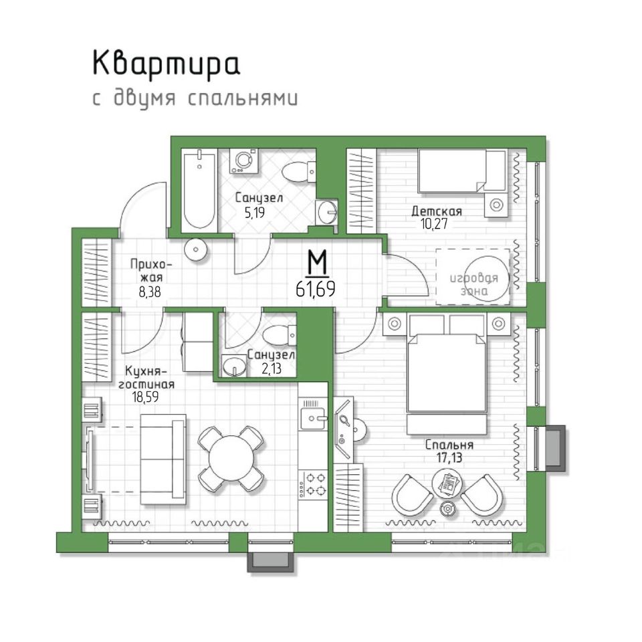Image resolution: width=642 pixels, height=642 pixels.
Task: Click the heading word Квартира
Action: tap(166, 65)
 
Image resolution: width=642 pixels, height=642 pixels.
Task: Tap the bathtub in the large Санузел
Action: tap(199, 190)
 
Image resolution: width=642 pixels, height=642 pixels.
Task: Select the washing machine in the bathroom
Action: tap(243, 160)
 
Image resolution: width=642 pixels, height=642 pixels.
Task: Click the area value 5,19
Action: tap(255, 213)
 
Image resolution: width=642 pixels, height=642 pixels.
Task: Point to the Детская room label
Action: tap(437, 211)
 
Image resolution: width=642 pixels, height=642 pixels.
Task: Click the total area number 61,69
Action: tap(315, 290)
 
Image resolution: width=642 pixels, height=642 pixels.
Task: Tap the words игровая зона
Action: tap(473, 284)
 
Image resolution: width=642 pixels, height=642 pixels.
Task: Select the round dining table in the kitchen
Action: tap(231, 458)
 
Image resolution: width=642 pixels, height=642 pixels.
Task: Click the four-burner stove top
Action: tap(313, 484)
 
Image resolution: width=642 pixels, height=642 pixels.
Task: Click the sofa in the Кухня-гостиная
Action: tap(163, 459)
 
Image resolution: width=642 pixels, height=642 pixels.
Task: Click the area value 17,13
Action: tap(449, 457)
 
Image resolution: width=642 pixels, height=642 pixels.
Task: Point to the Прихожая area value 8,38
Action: tap(149, 292)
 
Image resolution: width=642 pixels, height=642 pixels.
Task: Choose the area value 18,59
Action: tap(145, 397)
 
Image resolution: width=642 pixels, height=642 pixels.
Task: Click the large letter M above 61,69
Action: tap(317, 262)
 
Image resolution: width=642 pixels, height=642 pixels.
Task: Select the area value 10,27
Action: tap(434, 223)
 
